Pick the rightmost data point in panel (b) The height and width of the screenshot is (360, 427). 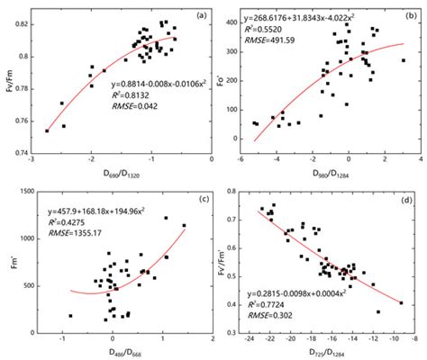coord(403,61)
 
